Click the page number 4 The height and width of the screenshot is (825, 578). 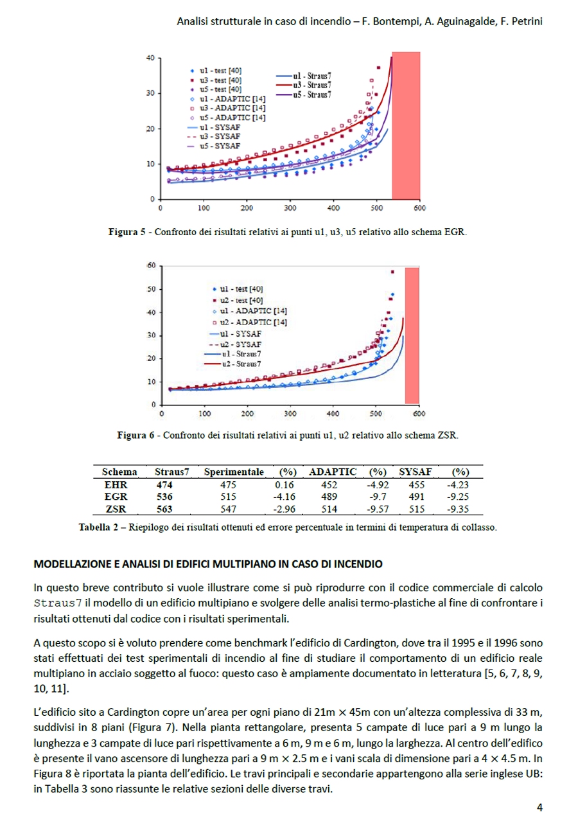click(x=540, y=808)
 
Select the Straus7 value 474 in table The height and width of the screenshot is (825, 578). click(x=164, y=484)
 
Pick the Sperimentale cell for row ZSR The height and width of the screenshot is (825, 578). click(x=229, y=509)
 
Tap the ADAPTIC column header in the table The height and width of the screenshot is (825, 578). click(x=332, y=472)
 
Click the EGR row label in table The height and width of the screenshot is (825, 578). click(x=116, y=497)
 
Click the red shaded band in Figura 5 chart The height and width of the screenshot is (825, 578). click(x=406, y=126)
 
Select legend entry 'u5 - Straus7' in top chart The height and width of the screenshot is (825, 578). click(x=311, y=94)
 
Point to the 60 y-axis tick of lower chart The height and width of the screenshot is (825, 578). click(x=152, y=265)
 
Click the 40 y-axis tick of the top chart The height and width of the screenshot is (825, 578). click(x=150, y=58)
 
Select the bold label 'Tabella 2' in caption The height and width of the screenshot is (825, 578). click(x=100, y=528)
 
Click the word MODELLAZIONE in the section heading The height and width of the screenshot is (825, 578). click(x=71, y=564)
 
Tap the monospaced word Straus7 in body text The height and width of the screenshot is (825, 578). click(x=58, y=605)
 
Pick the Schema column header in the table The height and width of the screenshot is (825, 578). click(x=119, y=472)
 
